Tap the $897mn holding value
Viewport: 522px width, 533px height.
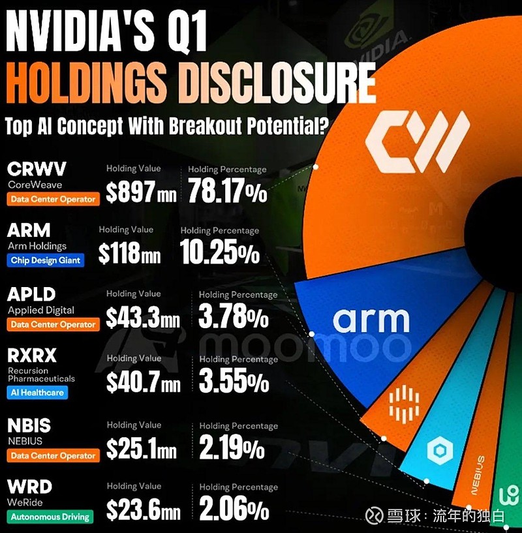click(142, 192)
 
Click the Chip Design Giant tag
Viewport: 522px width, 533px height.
click(46, 260)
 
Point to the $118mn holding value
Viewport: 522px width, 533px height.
click(129, 253)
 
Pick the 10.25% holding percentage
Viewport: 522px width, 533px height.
click(220, 253)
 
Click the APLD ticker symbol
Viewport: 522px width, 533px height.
click(32, 295)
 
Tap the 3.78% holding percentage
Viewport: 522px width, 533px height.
click(233, 318)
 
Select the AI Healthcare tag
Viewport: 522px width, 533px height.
click(37, 392)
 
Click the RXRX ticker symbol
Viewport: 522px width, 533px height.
click(33, 356)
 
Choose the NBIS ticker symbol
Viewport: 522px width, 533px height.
click(29, 426)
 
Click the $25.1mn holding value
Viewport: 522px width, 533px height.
click(141, 449)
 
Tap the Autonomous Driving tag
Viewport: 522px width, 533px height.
click(50, 517)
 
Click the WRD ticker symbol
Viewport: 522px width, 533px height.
click(30, 487)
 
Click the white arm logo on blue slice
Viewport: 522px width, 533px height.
click(371, 320)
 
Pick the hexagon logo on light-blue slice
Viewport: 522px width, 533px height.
click(435, 451)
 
